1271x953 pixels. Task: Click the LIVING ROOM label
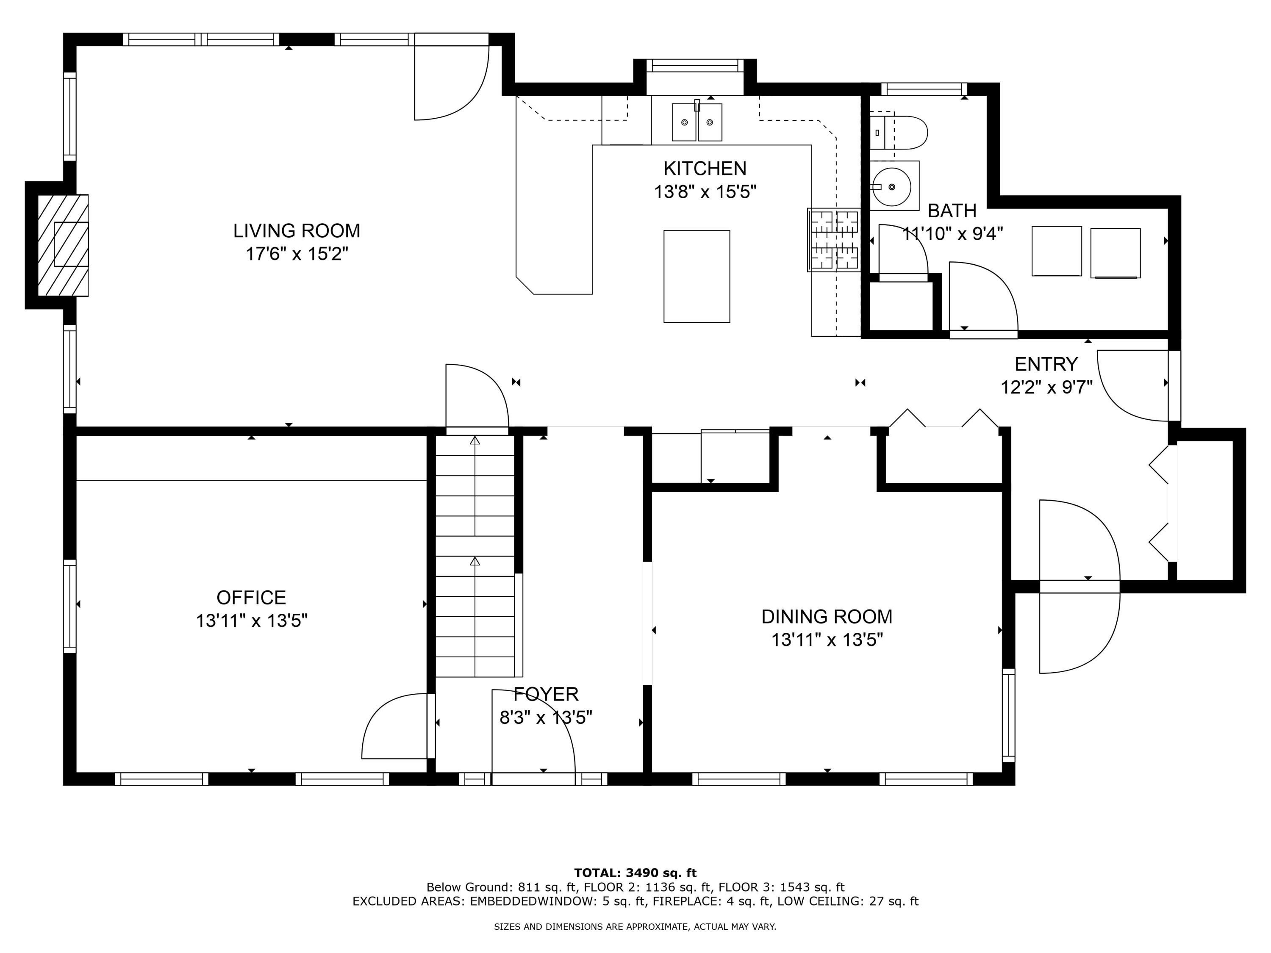coord(297,231)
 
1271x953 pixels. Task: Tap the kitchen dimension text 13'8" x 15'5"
coord(705,192)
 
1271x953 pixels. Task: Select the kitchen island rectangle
coord(697,276)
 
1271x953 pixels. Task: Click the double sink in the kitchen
coord(697,122)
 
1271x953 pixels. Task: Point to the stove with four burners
coord(834,240)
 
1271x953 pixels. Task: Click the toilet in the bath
coord(898,133)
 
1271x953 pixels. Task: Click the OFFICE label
coord(251,598)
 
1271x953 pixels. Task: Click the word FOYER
coord(546,695)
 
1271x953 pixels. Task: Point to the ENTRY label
coord(1046,364)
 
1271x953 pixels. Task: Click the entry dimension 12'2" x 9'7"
coord(1046,388)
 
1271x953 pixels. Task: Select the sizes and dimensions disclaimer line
coord(635,927)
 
